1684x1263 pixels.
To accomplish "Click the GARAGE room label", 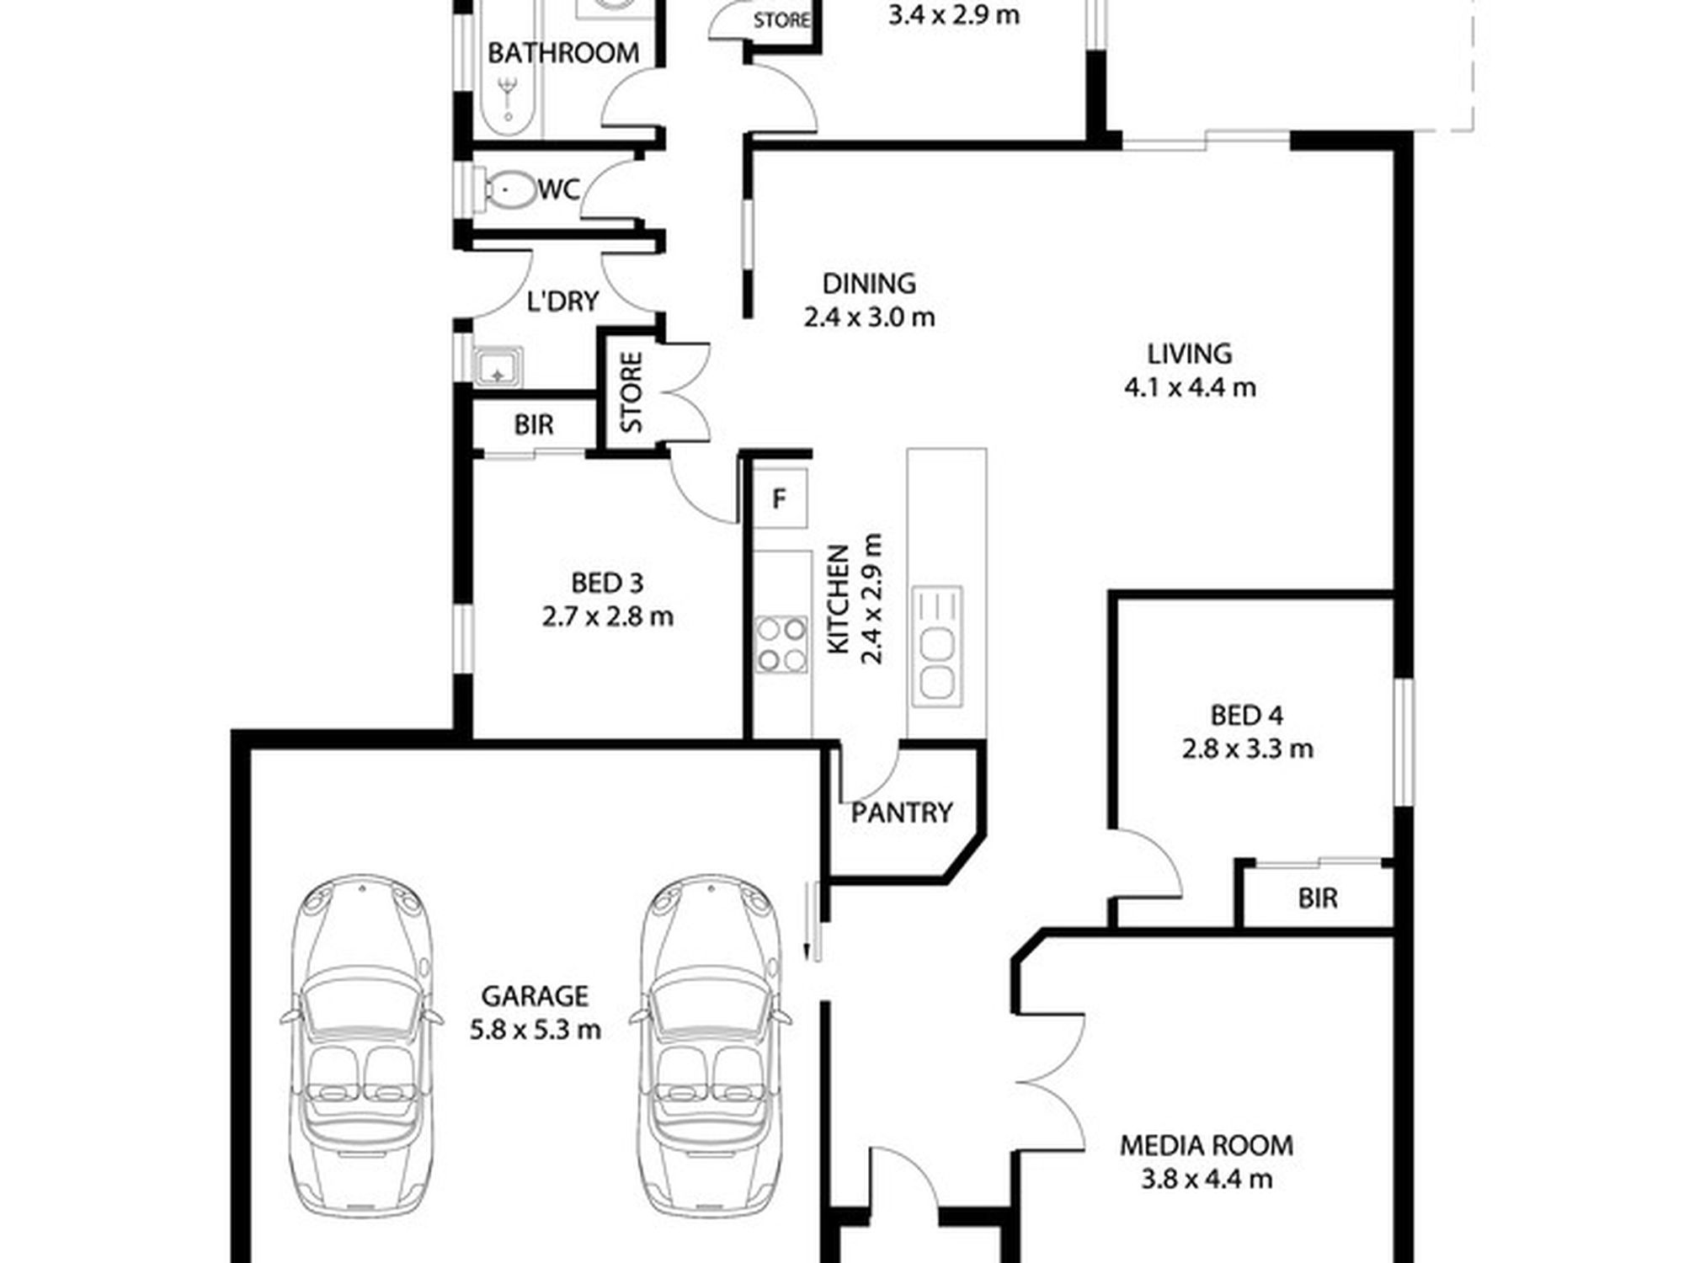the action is pyautogui.click(x=534, y=996).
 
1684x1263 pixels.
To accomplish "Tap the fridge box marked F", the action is pyautogui.click(x=780, y=498).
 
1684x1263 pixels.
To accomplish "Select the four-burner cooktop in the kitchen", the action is pyautogui.click(x=781, y=645).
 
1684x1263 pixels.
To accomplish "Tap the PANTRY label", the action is pyautogui.click(x=901, y=813).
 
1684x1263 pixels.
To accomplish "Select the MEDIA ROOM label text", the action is pyautogui.click(x=1207, y=1145).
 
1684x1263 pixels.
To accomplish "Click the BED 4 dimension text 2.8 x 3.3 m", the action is pyautogui.click(x=1247, y=749).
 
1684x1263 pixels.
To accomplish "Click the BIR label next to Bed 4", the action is pyautogui.click(x=1318, y=898).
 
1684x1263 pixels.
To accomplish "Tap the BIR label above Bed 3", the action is pyautogui.click(x=534, y=425).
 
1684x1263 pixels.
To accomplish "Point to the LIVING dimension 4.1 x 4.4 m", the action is pyautogui.click(x=1190, y=387).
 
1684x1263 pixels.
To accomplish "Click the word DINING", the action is pyautogui.click(x=869, y=283).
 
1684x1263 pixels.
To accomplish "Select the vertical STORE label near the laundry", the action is pyautogui.click(x=631, y=392).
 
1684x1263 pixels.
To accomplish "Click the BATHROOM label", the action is pyautogui.click(x=563, y=53).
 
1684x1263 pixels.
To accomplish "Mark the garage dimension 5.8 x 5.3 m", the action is pyautogui.click(x=536, y=1030).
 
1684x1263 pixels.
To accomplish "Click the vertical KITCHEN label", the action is pyautogui.click(x=839, y=599).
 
